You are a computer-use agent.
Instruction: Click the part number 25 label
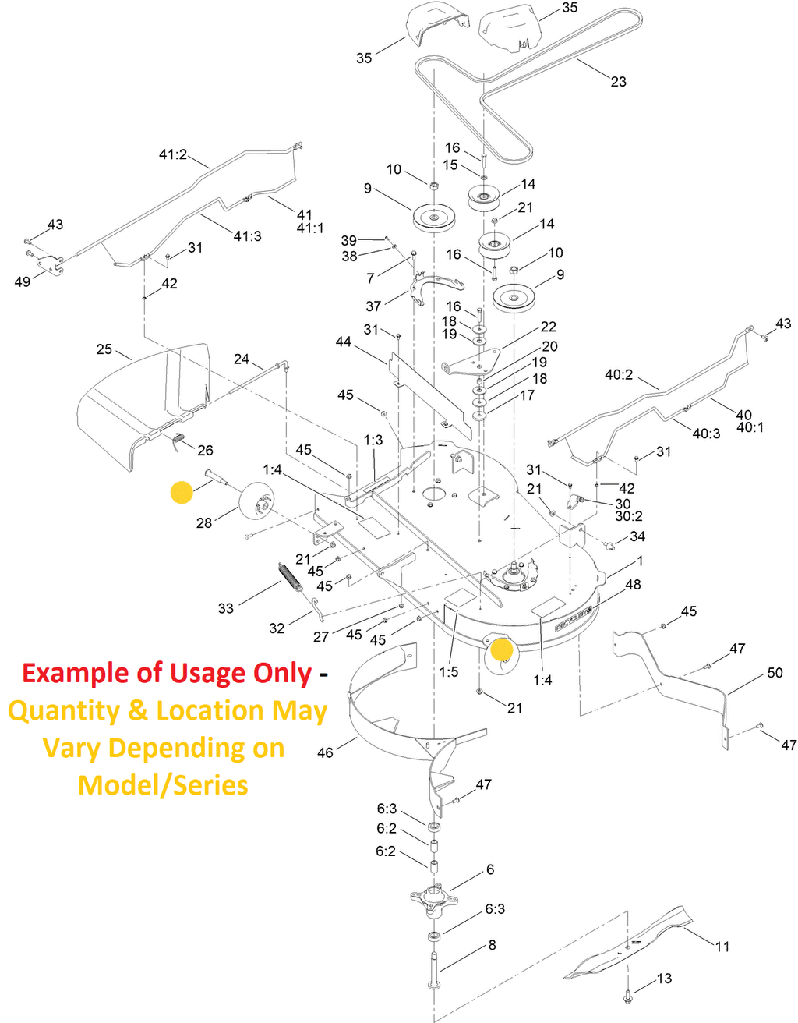pyautogui.click(x=104, y=349)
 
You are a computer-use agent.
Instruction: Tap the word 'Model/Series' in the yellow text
pyautogui.click(x=163, y=784)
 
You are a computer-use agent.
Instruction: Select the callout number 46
pyautogui.click(x=325, y=752)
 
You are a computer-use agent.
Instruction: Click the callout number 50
pyautogui.click(x=775, y=673)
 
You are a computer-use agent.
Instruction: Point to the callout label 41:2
pyautogui.click(x=173, y=154)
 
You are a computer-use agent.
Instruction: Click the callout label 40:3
pyautogui.click(x=706, y=434)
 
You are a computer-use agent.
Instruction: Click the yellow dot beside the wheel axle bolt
pyautogui.click(x=182, y=492)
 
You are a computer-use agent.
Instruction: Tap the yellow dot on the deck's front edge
pyautogui.click(x=502, y=649)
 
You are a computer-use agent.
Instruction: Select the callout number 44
pyautogui.click(x=344, y=342)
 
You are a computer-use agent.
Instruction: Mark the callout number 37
pyautogui.click(x=373, y=306)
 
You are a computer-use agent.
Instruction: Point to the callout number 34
pyautogui.click(x=637, y=536)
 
